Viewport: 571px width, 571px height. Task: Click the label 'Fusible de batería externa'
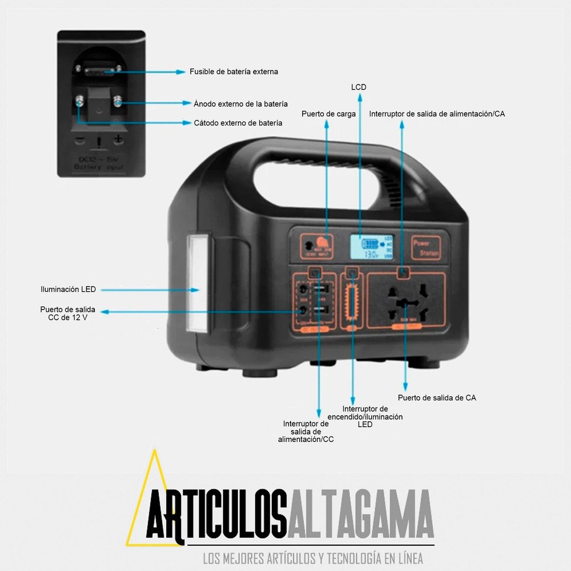[234, 72]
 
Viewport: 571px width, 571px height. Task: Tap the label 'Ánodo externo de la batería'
[240, 103]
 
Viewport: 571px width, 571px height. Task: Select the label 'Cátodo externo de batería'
[238, 123]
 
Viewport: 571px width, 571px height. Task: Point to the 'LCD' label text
[359, 87]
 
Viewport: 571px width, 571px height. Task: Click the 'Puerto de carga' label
[329, 114]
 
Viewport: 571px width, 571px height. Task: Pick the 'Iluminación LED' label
[68, 289]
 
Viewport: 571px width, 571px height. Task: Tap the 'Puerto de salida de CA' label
[437, 397]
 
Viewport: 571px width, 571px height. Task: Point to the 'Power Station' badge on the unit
[427, 247]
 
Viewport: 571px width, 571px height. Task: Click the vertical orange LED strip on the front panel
[352, 301]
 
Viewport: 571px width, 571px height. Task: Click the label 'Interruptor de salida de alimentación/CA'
[437, 114]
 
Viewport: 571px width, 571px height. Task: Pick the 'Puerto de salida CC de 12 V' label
[67, 313]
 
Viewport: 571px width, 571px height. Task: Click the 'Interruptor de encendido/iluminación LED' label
[365, 416]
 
